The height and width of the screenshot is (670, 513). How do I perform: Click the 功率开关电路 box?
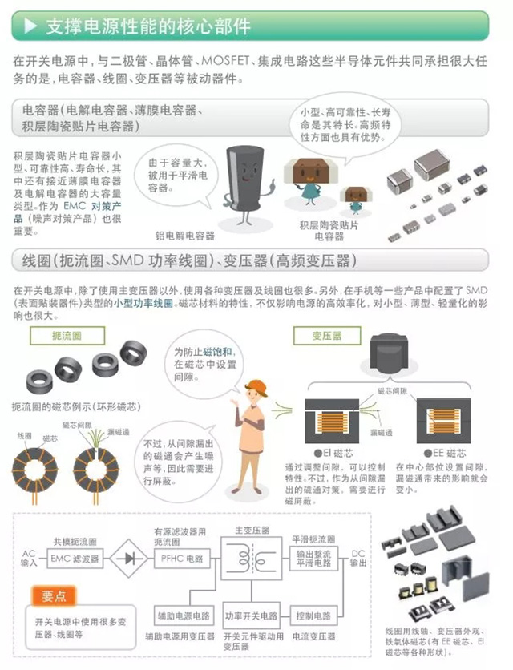[x=251, y=616]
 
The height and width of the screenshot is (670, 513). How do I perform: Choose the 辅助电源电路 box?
[x=183, y=616]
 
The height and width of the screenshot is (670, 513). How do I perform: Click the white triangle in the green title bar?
[x=30, y=26]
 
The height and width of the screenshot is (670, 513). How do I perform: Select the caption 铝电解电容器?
[x=184, y=236]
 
